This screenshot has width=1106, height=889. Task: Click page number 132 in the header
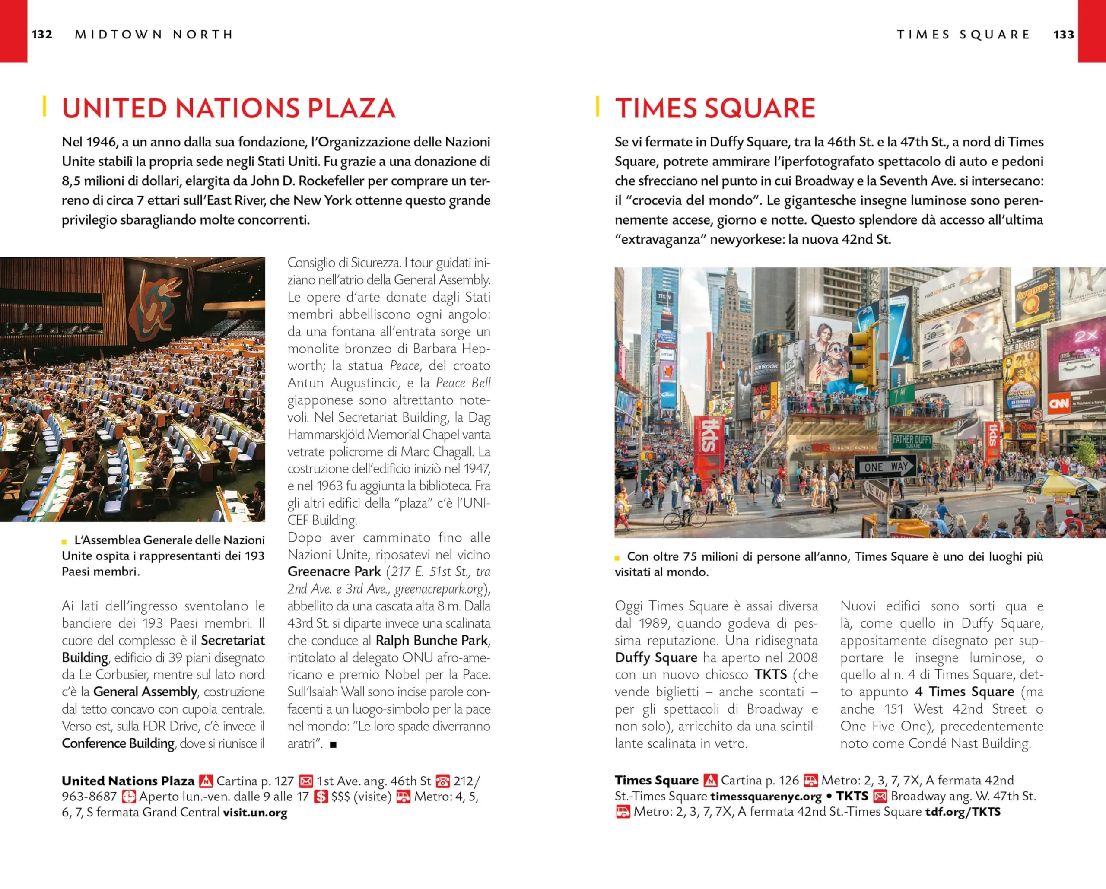(41, 35)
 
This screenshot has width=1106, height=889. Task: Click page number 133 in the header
(1063, 35)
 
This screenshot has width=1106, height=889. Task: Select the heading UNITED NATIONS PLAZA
(228, 108)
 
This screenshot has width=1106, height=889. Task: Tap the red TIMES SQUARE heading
(715, 108)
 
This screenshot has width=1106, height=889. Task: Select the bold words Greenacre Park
(334, 571)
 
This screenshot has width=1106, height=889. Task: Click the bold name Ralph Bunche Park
(432, 640)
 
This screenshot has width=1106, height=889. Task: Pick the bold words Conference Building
(118, 743)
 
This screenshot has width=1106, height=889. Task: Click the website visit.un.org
(255, 813)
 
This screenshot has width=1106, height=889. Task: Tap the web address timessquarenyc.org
(766, 796)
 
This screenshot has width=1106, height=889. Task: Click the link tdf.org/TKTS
(963, 812)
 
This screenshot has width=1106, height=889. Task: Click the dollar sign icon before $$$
(321, 797)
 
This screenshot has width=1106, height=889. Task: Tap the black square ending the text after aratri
(333, 744)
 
